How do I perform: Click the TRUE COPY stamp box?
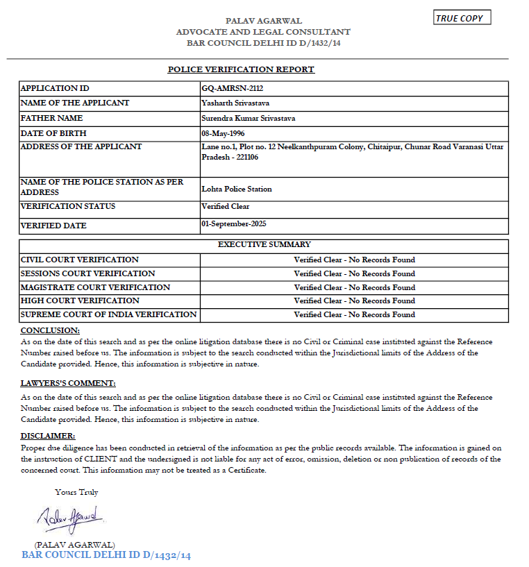coord(462,18)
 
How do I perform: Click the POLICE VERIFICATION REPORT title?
coord(241,69)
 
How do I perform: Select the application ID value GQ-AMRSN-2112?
coord(232,89)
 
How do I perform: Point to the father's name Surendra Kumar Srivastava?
coord(248,118)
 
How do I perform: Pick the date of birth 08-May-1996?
coord(223,133)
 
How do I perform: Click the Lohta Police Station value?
coord(237,189)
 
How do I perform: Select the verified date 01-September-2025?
coord(233,223)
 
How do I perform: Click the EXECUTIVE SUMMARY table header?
coord(264,244)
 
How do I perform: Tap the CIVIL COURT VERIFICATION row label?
coord(80,260)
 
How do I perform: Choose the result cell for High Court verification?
coord(354,301)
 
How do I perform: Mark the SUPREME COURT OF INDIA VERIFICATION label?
coord(109,314)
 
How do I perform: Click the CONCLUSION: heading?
coord(50,330)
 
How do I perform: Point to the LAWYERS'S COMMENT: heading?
coord(68,383)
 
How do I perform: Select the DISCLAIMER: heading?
coord(48,436)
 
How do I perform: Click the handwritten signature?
coord(70,517)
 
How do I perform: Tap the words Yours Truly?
coord(76,492)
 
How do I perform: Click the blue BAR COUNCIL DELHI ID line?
coord(106,555)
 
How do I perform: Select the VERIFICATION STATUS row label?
coord(68,206)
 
